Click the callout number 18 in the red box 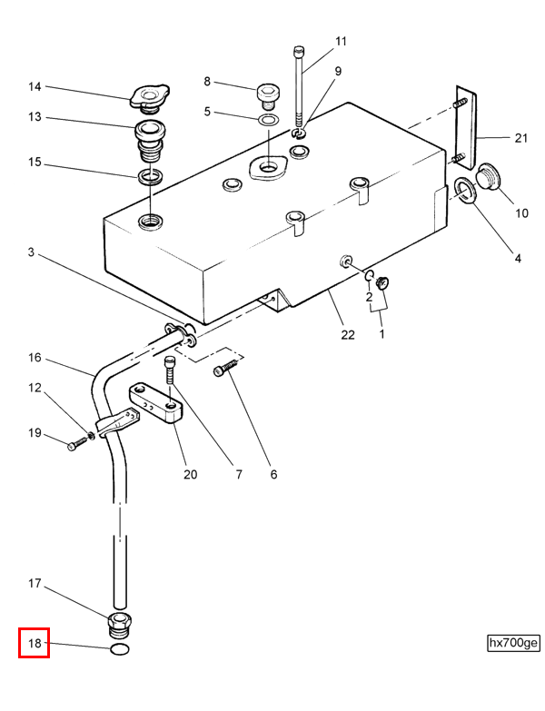[x=35, y=643]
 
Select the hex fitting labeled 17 [x=120, y=625]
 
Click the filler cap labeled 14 [x=149, y=97]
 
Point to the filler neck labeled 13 [x=150, y=141]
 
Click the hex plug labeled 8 [x=269, y=96]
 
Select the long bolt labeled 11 [x=299, y=86]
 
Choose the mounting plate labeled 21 [x=466, y=127]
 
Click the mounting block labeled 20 [x=155, y=403]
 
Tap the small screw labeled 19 [x=77, y=443]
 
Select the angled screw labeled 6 [x=225, y=367]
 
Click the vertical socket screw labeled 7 [x=169, y=370]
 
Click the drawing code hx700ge [x=513, y=643]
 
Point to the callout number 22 [x=348, y=335]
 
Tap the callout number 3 [x=31, y=252]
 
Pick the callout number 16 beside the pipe [x=35, y=357]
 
